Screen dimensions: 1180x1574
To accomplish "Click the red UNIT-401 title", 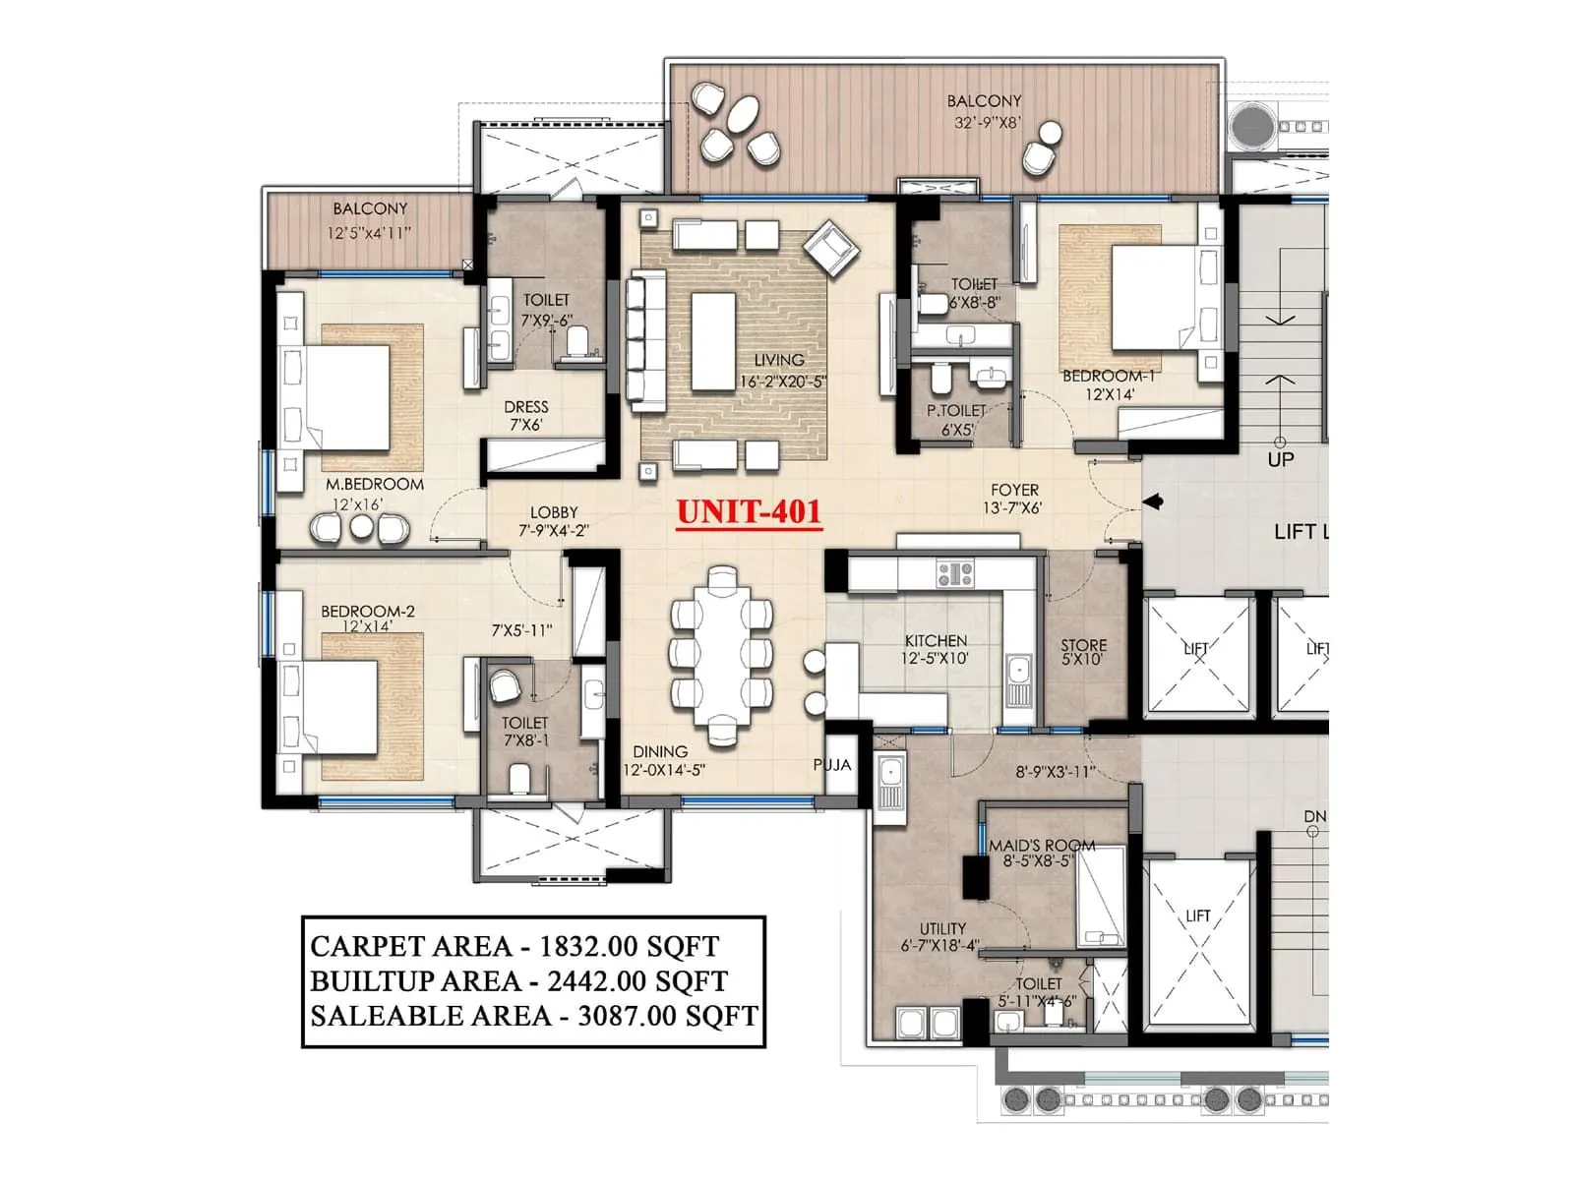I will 748,511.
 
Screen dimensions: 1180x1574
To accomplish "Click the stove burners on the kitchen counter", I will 954,573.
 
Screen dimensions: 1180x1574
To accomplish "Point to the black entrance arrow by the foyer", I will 1154,501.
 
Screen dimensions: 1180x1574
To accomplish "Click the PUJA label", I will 832,764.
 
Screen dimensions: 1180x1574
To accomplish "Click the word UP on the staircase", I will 1280,459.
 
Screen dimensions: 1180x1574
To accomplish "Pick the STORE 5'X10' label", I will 1083,652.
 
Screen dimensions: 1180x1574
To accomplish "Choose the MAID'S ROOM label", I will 1042,846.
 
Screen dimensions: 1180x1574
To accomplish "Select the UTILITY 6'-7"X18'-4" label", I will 941,937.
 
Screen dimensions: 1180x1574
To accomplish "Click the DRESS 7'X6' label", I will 526,415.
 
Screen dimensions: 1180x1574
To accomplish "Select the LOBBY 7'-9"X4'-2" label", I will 554,521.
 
